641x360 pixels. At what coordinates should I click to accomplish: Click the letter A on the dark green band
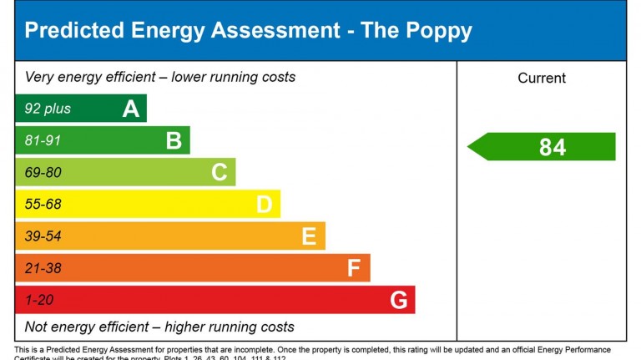click(x=130, y=109)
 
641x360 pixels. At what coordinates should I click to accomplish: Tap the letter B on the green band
click(x=174, y=140)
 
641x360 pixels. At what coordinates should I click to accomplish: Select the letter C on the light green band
click(x=219, y=173)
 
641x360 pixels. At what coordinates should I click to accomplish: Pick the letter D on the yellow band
click(x=264, y=205)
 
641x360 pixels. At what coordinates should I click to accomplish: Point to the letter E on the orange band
click(x=309, y=237)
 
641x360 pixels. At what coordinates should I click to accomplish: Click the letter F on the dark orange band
click(x=354, y=269)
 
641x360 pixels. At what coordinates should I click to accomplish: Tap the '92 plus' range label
click(x=48, y=109)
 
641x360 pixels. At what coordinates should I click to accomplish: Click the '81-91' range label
click(x=43, y=140)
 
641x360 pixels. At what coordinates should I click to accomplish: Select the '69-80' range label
click(x=43, y=173)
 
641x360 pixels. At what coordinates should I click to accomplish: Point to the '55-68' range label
click(x=43, y=205)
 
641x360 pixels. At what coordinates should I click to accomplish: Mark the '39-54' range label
click(x=43, y=237)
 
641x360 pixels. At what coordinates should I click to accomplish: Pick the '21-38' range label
click(x=43, y=269)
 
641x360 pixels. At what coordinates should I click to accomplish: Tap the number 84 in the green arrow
click(x=553, y=148)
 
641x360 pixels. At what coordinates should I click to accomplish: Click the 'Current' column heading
click(x=542, y=79)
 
